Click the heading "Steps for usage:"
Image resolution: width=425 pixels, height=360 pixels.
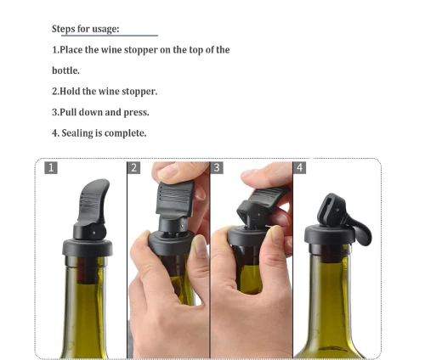tap(86, 29)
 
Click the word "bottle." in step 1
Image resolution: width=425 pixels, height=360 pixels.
tap(65, 70)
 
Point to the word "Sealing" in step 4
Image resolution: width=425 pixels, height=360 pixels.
tap(77, 133)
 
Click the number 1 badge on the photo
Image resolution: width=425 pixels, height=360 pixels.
tap(51, 167)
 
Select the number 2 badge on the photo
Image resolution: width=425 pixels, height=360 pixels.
tap(133, 167)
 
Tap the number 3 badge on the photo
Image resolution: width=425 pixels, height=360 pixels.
tap(217, 167)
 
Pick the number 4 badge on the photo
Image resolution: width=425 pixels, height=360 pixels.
tap(299, 167)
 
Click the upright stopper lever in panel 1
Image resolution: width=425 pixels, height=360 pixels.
tap(93, 201)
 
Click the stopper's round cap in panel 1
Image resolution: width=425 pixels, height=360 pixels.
tap(88, 248)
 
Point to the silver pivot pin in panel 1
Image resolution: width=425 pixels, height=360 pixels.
tap(94, 233)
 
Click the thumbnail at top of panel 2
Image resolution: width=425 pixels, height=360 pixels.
tap(168, 171)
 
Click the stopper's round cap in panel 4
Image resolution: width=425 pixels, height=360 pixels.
tap(329, 234)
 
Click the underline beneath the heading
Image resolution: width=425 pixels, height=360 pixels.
tap(110, 36)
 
